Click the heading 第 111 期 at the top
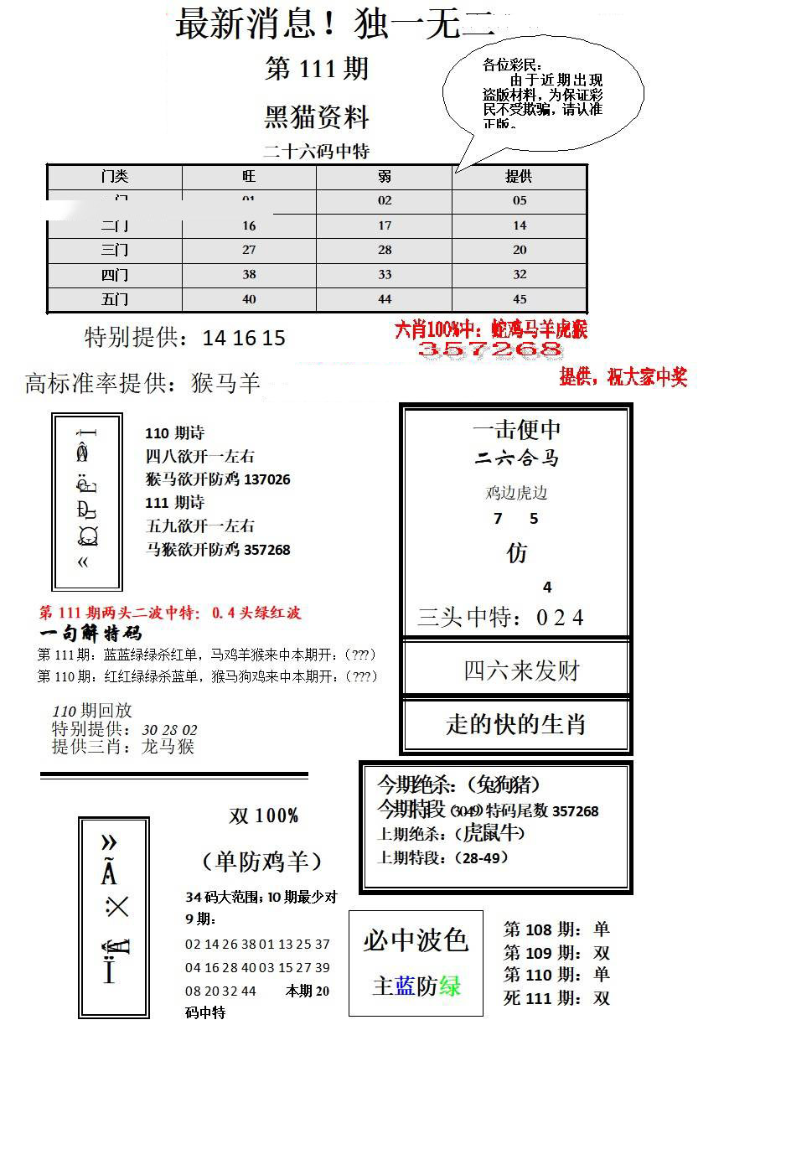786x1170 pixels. click(317, 69)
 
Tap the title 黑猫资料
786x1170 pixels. click(317, 116)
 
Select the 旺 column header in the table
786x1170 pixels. click(249, 176)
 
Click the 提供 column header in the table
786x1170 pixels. click(519, 176)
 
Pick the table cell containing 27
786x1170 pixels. click(249, 250)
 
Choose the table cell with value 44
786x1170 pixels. click(385, 299)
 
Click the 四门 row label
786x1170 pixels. click(115, 275)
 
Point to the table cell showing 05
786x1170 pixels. click(520, 200)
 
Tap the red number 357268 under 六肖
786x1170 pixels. click(490, 349)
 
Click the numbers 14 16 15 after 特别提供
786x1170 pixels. click(244, 338)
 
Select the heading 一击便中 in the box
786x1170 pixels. click(517, 430)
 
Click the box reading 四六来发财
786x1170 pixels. click(521, 670)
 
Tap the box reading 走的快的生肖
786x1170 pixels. click(516, 724)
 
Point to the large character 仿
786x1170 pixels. click(517, 553)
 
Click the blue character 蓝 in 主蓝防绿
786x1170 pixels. click(406, 986)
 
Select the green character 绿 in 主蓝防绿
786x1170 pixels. click(450, 986)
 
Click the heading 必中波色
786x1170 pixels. click(416, 940)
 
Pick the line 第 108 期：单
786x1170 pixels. click(556, 929)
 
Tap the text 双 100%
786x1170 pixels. click(264, 815)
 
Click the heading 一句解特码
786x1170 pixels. click(90, 634)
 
